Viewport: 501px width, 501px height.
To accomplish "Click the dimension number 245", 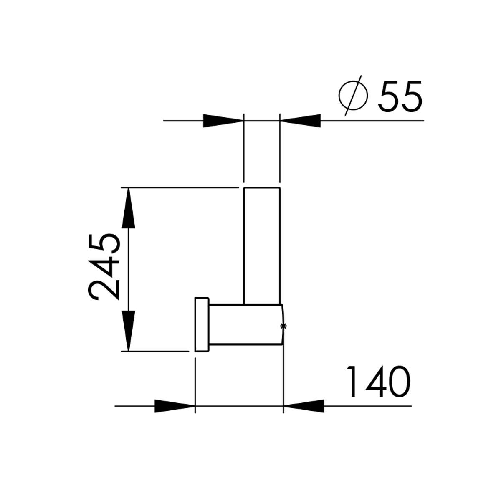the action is click(104, 267).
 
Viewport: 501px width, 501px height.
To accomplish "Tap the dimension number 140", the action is click(379, 382).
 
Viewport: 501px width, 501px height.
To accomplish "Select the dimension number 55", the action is click(400, 96).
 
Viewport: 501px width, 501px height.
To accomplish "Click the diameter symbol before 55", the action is click(353, 95).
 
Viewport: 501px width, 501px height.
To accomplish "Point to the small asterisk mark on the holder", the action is click(283, 326).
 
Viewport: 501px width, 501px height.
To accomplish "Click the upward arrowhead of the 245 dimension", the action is click(129, 208).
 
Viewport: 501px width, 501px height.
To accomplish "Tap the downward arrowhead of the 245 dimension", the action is click(129, 331).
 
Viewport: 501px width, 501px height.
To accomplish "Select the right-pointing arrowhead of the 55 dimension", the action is click(223, 121).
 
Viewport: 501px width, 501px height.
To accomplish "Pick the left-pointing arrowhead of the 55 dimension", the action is click(300, 121).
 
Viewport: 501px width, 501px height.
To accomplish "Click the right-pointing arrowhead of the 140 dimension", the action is click(175, 406).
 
